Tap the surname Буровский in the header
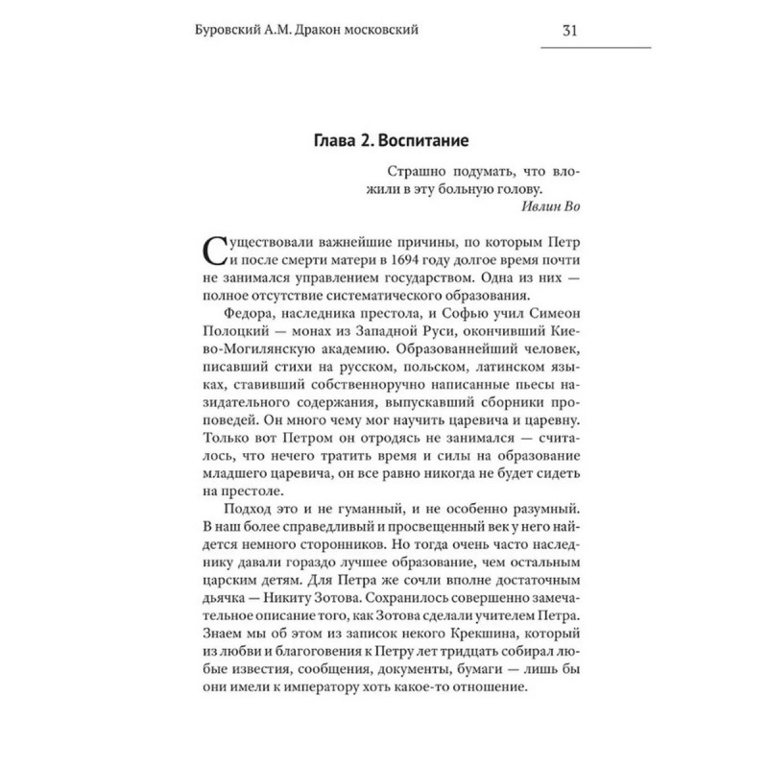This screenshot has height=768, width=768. click(x=228, y=30)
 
